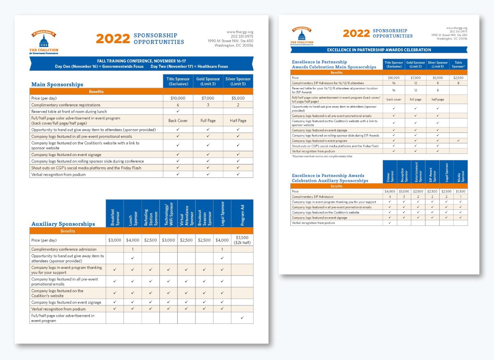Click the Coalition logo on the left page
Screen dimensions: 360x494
click(44, 43)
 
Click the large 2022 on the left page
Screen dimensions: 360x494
click(113, 39)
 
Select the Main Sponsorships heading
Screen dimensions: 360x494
click(57, 84)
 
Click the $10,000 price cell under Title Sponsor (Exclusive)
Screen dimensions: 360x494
click(178, 98)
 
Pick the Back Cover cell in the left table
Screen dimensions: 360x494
click(178, 121)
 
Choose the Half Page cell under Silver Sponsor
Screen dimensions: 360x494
click(238, 121)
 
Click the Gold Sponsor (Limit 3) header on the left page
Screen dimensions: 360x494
click(208, 81)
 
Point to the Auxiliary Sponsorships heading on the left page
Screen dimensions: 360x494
click(63, 224)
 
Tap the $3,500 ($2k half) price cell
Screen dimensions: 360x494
click(242, 240)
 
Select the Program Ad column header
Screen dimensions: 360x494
click(242, 214)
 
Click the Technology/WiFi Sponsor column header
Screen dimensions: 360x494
click(168, 214)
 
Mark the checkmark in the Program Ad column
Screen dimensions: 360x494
click(242, 318)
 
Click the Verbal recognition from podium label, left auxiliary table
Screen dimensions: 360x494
click(58, 309)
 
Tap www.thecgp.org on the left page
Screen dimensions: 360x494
click(240, 32)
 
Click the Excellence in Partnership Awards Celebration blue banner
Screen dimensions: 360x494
click(379, 50)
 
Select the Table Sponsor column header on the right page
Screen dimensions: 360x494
click(458, 64)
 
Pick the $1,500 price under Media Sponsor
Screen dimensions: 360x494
click(461, 191)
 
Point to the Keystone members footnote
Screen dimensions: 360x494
click(322, 156)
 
